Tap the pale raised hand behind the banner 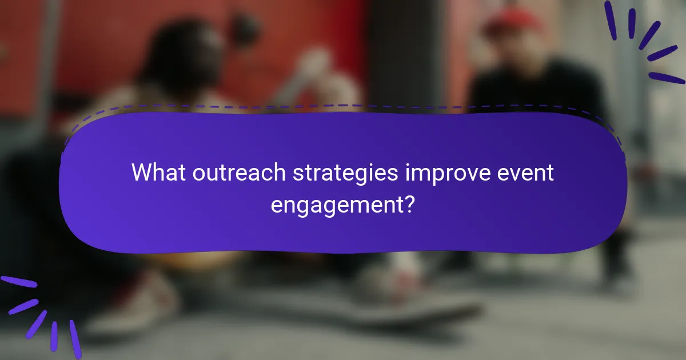[320, 74]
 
